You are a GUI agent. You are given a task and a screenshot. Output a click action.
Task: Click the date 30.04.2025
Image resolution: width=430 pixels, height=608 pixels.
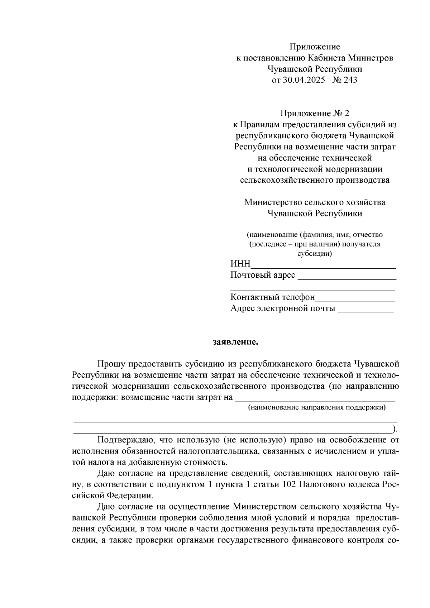[x=304, y=80]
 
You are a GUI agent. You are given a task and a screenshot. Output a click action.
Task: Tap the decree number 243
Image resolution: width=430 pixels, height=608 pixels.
[x=350, y=80]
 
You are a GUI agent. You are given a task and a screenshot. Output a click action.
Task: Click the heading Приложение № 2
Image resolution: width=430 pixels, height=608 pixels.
[x=315, y=114]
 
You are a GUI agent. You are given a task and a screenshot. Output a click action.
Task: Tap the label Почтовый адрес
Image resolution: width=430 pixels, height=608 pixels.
[x=263, y=275]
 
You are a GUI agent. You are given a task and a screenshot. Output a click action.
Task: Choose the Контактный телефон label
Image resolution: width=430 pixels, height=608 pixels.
[x=272, y=297]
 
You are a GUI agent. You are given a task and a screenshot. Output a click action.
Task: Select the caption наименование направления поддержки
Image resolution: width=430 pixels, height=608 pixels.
[x=317, y=407]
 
